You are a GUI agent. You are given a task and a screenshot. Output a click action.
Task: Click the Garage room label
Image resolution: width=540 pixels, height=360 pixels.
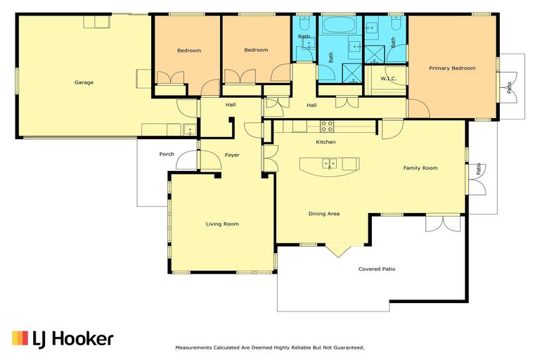click(x=84, y=82)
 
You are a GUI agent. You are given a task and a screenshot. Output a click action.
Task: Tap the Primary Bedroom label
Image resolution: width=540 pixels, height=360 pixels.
click(x=452, y=68)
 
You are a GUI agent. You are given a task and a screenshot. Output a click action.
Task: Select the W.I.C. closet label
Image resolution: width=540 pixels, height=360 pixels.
click(x=388, y=79)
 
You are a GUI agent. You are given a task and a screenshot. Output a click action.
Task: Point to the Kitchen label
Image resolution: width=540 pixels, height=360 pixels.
click(x=326, y=142)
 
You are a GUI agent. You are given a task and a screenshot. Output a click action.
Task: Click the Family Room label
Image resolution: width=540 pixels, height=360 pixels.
click(x=420, y=168)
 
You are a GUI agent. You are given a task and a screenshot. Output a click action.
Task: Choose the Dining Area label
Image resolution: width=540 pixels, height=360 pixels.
click(x=323, y=214)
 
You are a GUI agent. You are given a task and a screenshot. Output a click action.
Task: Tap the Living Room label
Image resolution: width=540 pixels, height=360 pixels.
click(x=222, y=224)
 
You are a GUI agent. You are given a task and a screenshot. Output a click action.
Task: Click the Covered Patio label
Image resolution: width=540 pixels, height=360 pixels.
click(x=377, y=269)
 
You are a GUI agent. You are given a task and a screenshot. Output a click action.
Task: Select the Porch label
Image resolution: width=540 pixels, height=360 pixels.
click(x=167, y=154)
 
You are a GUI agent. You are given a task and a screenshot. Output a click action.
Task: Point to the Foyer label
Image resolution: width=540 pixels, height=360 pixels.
click(x=232, y=155)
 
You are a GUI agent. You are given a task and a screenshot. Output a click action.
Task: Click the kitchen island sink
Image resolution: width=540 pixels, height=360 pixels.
click(x=330, y=164)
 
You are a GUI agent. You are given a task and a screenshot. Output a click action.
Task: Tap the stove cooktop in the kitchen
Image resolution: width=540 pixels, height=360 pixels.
click(x=327, y=126)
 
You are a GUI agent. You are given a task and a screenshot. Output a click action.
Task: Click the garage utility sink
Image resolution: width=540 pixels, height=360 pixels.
click(x=189, y=129)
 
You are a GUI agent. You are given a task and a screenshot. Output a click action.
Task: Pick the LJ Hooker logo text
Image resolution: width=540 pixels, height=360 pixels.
click(x=73, y=339)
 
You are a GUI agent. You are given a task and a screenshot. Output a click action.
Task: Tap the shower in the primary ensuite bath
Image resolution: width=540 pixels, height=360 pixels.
click(x=374, y=55)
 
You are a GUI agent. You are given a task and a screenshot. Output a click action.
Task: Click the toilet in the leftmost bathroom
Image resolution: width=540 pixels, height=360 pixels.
click(x=304, y=22)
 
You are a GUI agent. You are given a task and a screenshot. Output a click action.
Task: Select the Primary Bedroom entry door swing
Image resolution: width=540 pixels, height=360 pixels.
click(x=419, y=108)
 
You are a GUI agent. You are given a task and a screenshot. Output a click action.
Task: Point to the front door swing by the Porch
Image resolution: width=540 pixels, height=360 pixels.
click(x=187, y=160)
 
